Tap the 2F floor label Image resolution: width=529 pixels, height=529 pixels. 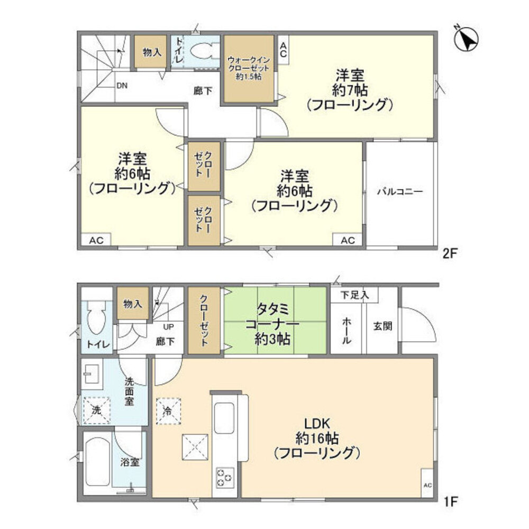[450, 253]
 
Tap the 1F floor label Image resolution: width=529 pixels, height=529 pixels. [451, 499]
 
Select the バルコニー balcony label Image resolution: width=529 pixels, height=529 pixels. [400, 192]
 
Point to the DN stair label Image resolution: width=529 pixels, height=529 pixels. [122, 85]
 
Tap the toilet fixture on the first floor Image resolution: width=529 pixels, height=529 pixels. [96, 319]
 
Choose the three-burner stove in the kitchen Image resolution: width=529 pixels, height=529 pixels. [224, 478]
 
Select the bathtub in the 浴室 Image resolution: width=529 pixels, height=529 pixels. [97, 462]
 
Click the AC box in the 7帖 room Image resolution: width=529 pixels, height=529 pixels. [283, 50]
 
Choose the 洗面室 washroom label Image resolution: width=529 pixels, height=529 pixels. [129, 391]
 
